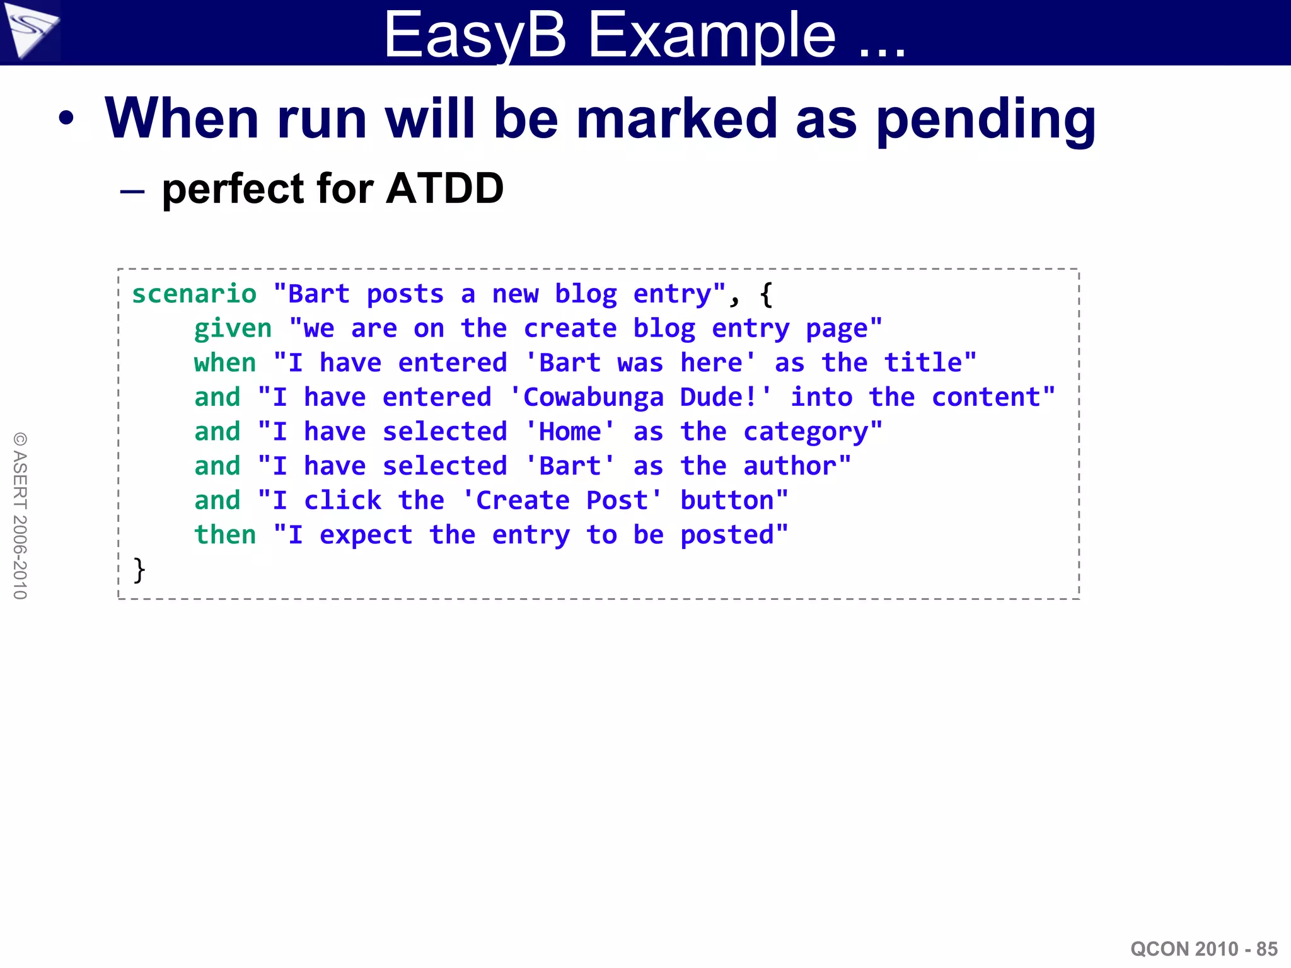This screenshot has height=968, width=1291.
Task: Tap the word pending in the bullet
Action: tap(986, 120)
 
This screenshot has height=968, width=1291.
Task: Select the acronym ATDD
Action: tap(445, 188)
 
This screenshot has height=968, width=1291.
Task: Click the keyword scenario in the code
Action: tap(194, 294)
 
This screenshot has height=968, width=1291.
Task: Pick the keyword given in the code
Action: tap(233, 329)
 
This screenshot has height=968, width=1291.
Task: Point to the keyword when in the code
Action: tap(225, 363)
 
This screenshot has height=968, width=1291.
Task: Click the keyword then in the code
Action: tap(225, 535)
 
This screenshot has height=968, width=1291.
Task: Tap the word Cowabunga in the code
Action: tap(593, 398)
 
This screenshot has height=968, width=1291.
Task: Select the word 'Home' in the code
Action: tap(570, 432)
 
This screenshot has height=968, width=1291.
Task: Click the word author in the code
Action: tap(790, 466)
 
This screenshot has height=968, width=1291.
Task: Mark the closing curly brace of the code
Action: tap(139, 570)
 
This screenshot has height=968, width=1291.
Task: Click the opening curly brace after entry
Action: tap(766, 294)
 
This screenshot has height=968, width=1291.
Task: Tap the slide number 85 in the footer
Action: tap(1266, 948)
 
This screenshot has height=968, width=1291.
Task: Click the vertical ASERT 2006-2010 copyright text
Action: tap(20, 516)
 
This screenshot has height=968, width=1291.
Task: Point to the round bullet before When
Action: tap(66, 118)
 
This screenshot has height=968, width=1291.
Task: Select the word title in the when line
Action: tap(923, 363)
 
